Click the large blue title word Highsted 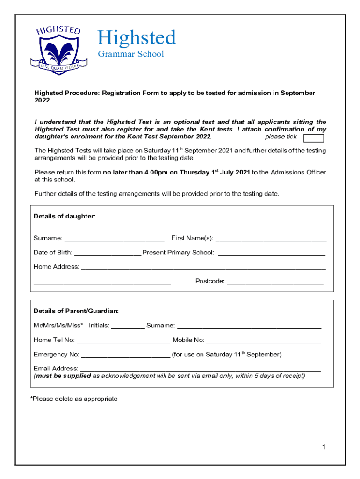pyautogui.click(x=136, y=37)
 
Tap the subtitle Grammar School pyautogui.click(x=130, y=54)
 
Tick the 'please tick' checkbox pyautogui.click(x=313, y=138)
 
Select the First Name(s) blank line pyautogui.click(x=271, y=239)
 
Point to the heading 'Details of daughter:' pyautogui.click(x=65, y=216)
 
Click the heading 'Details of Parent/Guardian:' pyautogui.click(x=76, y=311)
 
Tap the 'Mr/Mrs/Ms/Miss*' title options pyautogui.click(x=58, y=325)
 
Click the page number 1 pyautogui.click(x=323, y=447)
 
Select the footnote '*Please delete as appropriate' pyautogui.click(x=73, y=399)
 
